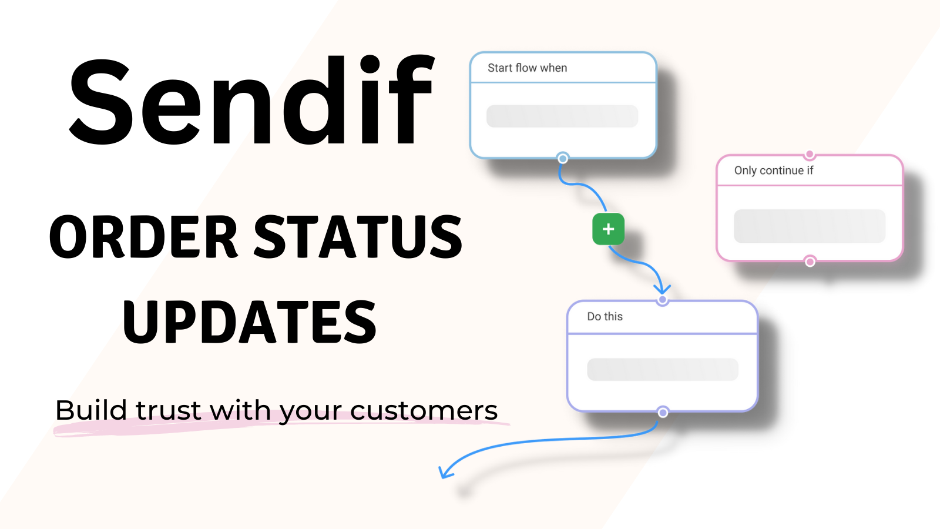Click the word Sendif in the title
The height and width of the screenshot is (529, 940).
tap(251, 100)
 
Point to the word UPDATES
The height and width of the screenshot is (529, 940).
tap(249, 322)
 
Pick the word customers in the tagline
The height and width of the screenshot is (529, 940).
tap(424, 411)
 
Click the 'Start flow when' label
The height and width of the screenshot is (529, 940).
tap(527, 68)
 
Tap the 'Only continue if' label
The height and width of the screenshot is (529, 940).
tap(773, 170)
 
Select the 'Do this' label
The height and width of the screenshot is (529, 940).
tap(605, 317)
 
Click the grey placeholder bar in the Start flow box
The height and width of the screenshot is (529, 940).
tap(562, 116)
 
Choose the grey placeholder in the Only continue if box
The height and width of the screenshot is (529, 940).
tap(810, 226)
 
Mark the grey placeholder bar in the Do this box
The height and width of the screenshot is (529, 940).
tap(663, 370)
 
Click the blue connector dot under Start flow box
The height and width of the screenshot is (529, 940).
tap(563, 158)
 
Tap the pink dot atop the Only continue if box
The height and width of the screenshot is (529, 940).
tap(810, 155)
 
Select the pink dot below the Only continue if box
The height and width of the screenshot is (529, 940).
tap(810, 262)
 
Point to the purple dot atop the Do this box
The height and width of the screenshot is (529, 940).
tap(663, 300)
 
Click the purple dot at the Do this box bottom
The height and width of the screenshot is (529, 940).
tap(663, 413)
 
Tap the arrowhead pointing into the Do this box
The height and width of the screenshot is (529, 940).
tap(662, 290)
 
